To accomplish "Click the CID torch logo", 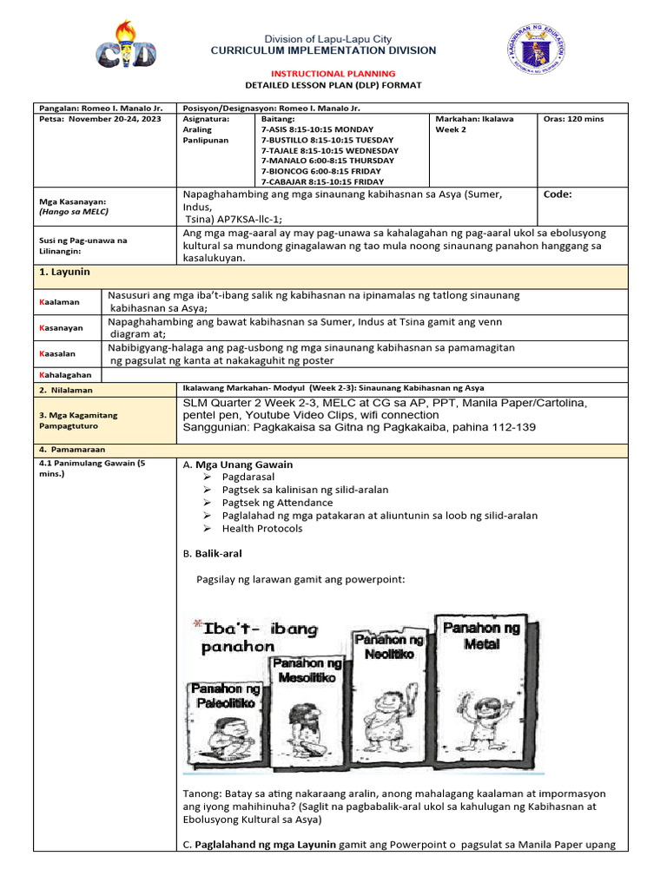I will pyautogui.click(x=128, y=46).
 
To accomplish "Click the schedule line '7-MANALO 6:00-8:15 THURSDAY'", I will pyautogui.click(x=327, y=161).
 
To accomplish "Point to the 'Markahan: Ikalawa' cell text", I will pyautogui.click(x=474, y=119).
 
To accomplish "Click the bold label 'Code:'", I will pyautogui.click(x=558, y=195).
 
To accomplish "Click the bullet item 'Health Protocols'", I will pyautogui.click(x=261, y=528).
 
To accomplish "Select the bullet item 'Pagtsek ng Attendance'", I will pyautogui.click(x=277, y=503).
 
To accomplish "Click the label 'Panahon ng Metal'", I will pyautogui.click(x=481, y=636).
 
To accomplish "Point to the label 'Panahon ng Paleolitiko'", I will pyautogui.click(x=223, y=695).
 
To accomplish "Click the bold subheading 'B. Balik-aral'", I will pyautogui.click(x=213, y=553).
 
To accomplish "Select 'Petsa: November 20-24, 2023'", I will pyautogui.click(x=102, y=119).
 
